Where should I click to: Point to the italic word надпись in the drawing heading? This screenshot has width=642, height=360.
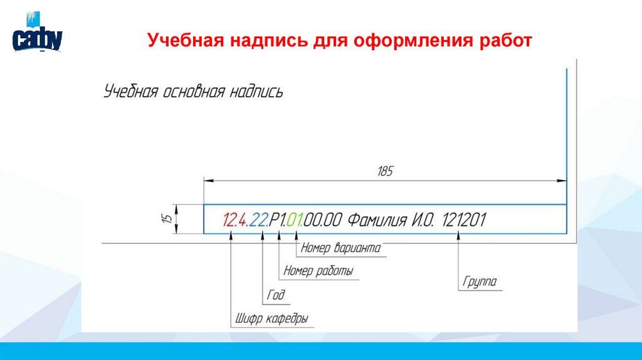pos(256,92)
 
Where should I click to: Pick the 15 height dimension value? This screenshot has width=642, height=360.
pos(166,220)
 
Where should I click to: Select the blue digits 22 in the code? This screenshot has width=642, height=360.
pos(257,220)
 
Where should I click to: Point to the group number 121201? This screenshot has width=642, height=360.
pos(464,220)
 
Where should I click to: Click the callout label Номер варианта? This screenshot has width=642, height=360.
pos(340,248)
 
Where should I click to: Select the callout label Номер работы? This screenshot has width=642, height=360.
pos(318,272)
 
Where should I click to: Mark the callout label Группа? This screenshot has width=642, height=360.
pos(480,282)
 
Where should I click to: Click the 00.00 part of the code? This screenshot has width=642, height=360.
pos(324,220)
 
